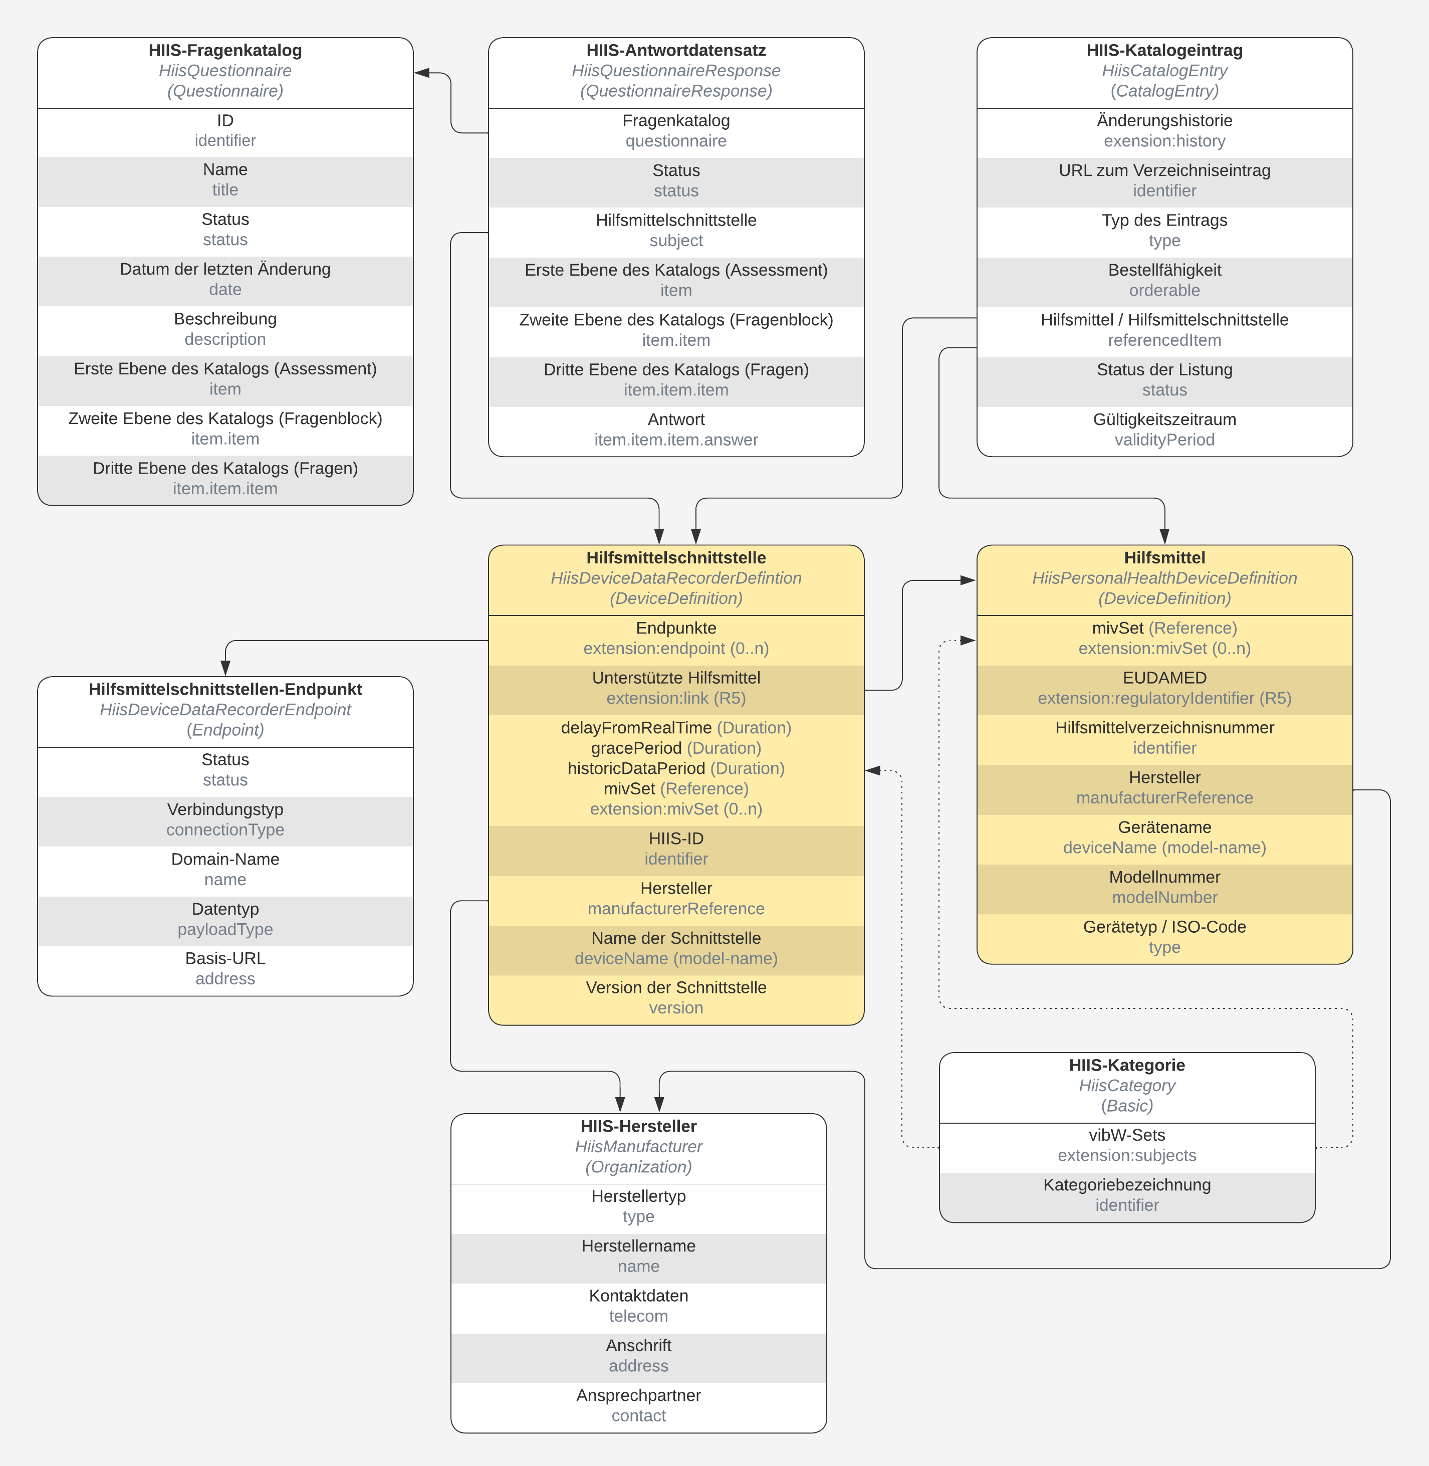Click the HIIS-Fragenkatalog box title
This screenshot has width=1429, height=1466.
(225, 50)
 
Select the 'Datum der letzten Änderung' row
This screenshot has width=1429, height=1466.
(225, 279)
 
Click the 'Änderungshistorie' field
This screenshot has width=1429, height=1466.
(1164, 131)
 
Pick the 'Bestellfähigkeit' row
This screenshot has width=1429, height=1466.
(1164, 280)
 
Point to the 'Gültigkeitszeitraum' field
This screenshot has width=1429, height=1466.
(1164, 430)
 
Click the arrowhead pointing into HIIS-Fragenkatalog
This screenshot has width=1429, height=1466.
(422, 73)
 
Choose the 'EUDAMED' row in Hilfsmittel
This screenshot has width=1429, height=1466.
(1164, 688)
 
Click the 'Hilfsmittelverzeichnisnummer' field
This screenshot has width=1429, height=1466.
(1164, 738)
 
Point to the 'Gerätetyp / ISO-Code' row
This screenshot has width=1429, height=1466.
(1164, 937)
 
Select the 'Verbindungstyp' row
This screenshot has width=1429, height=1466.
(225, 819)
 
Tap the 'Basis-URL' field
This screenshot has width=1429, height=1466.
(225, 968)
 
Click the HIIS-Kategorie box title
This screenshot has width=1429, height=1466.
(1126, 1065)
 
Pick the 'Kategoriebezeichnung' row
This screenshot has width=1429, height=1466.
(1126, 1195)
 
